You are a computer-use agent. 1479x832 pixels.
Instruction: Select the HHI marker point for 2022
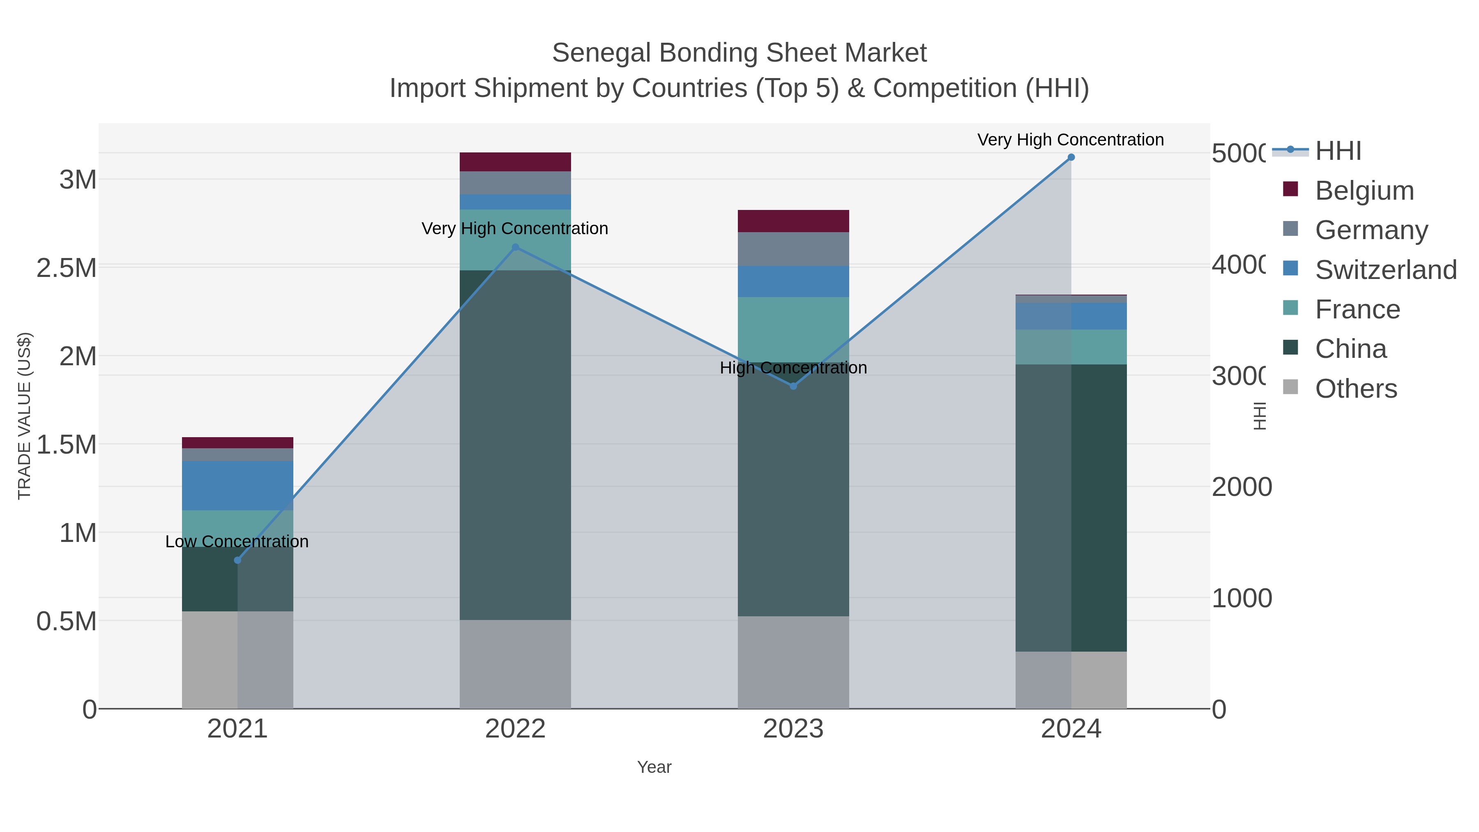[x=515, y=247]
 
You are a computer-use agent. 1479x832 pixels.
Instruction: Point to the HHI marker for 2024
[x=1071, y=157]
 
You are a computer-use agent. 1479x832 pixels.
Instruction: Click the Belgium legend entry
[x=1364, y=191]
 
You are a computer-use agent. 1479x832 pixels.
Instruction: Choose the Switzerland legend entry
[x=1385, y=270]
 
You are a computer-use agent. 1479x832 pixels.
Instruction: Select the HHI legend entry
[x=1338, y=151]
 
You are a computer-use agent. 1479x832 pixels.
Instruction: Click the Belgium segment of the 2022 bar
[x=515, y=162]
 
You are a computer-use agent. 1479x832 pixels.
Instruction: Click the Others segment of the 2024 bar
[x=1071, y=680]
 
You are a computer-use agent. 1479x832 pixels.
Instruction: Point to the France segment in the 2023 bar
[x=793, y=329]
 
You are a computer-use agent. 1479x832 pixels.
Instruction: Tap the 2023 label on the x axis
[x=793, y=729]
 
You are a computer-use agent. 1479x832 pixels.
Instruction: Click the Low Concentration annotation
[x=237, y=542]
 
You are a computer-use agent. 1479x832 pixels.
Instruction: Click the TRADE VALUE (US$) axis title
[x=25, y=416]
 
